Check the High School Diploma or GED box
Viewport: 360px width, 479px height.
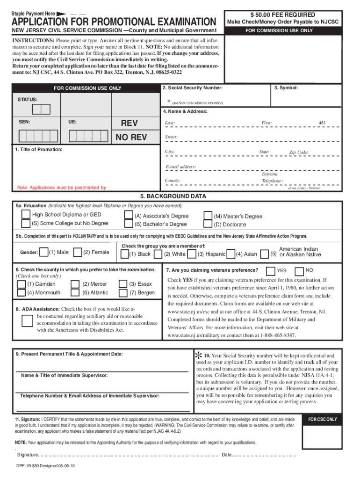pyautogui.click(x=26, y=215)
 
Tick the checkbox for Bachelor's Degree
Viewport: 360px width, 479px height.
pyautogui.click(x=128, y=224)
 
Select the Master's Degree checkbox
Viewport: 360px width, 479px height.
pyautogui.click(x=208, y=216)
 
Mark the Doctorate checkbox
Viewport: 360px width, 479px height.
pyautogui.click(x=208, y=224)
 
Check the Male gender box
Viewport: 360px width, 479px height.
pyautogui.click(x=44, y=253)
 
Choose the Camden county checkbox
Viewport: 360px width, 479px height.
pyautogui.click(x=22, y=284)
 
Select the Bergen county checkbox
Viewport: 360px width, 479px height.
pyautogui.click(x=123, y=292)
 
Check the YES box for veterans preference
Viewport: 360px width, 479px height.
pyautogui.click(x=270, y=270)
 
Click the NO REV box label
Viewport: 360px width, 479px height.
pyautogui.click(x=131, y=137)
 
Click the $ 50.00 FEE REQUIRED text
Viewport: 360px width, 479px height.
pyautogui.click(x=282, y=15)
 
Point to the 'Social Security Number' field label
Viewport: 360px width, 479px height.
pyautogui.click(x=192, y=88)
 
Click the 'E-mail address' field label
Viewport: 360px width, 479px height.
pyautogui.click(x=180, y=167)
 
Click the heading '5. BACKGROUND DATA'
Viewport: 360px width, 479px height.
pyautogui.click(x=173, y=196)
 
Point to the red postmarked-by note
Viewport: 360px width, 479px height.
pyautogui.click(x=61, y=188)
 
